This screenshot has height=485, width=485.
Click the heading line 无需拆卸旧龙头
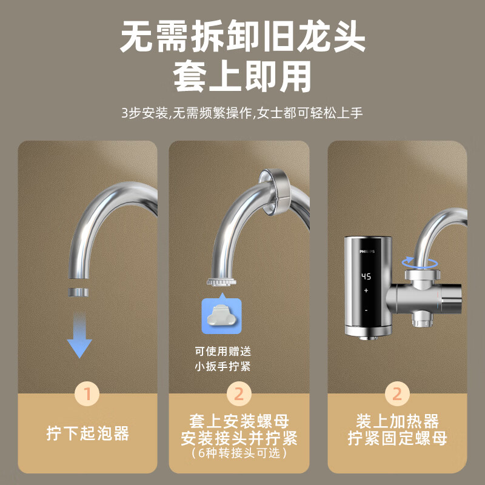coord(242,38)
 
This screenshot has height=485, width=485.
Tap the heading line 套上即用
coord(242,78)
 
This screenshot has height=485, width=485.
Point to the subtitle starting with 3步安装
coord(242,113)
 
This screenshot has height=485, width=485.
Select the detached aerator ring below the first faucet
coord(79,292)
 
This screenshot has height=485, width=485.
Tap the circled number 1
coord(87,394)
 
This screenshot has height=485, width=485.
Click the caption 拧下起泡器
coord(87,433)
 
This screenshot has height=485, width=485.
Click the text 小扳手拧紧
coord(222,367)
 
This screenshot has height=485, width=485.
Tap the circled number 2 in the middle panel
coord(239,394)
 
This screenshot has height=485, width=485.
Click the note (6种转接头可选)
coord(239,453)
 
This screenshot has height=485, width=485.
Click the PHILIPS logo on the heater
coord(367,250)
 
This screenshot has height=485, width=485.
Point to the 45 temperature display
coord(366,276)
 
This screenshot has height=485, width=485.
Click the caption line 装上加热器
coord(397,422)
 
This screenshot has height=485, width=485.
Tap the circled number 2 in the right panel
coord(397,394)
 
